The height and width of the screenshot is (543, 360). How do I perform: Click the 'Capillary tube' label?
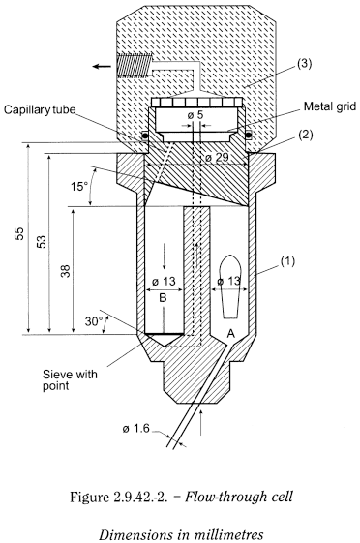click(x=40, y=109)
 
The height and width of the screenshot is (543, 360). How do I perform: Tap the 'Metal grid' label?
click(x=330, y=106)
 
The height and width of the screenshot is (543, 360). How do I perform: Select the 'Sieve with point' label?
click(x=70, y=379)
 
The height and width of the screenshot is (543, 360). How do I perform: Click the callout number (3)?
click(x=305, y=65)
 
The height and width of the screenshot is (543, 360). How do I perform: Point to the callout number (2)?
click(x=305, y=136)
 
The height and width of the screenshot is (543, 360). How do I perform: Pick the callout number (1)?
click(x=287, y=261)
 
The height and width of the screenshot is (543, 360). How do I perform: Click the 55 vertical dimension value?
click(x=19, y=233)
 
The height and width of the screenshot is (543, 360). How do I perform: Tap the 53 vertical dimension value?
click(x=42, y=241)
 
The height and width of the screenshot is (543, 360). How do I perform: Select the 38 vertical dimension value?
click(x=66, y=270)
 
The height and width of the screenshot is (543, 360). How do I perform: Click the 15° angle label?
click(x=79, y=187)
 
